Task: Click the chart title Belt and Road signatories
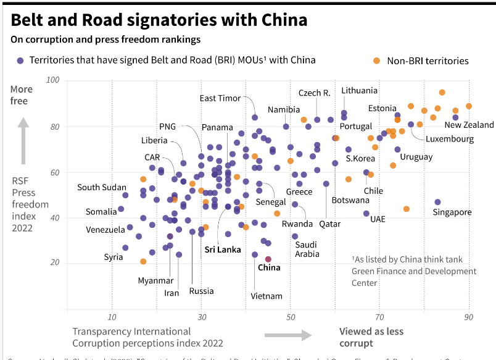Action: pyautogui.click(x=159, y=20)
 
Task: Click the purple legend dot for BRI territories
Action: pyautogui.click(x=20, y=61)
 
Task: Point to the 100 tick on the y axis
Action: pyautogui.click(x=52, y=81)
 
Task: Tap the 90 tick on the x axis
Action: pyautogui.click(x=469, y=317)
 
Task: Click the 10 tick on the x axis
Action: pyautogui.click(x=112, y=317)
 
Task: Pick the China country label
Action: pyautogui.click(x=268, y=267)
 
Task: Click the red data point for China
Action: pyautogui.click(x=268, y=259)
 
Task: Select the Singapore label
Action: pyautogui.click(x=452, y=212)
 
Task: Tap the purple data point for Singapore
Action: pyautogui.click(x=437, y=202)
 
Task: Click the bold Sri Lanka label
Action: pyautogui.click(x=223, y=250)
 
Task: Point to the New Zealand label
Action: pyautogui.click(x=469, y=125)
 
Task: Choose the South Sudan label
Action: pyautogui.click(x=102, y=187)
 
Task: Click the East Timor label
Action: pyautogui.click(x=220, y=98)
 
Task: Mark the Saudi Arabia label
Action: pyautogui.click(x=307, y=249)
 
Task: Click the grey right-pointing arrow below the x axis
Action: pyautogui.click(x=287, y=335)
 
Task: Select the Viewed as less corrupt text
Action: pyautogui.click(x=371, y=337)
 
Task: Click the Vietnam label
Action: pyautogui.click(x=267, y=296)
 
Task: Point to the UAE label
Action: pyautogui.click(x=378, y=219)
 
